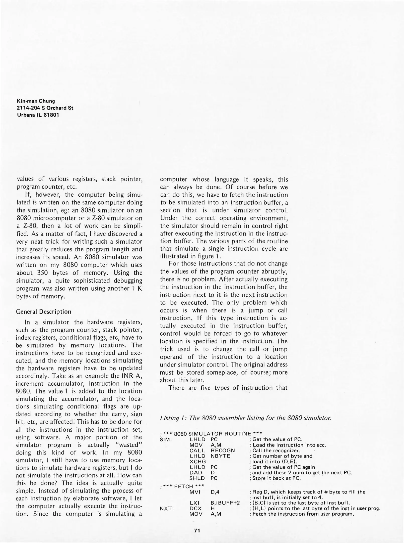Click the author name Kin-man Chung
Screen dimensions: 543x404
(36, 101)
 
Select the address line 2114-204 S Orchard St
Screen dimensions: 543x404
(45, 108)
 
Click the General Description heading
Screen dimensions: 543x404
(43, 312)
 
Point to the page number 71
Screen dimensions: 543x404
(197, 531)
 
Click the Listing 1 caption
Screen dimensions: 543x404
(246, 418)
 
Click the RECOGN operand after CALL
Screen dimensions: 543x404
(223, 450)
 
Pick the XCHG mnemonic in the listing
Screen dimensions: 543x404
(197, 462)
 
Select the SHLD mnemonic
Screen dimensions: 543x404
(197, 478)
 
